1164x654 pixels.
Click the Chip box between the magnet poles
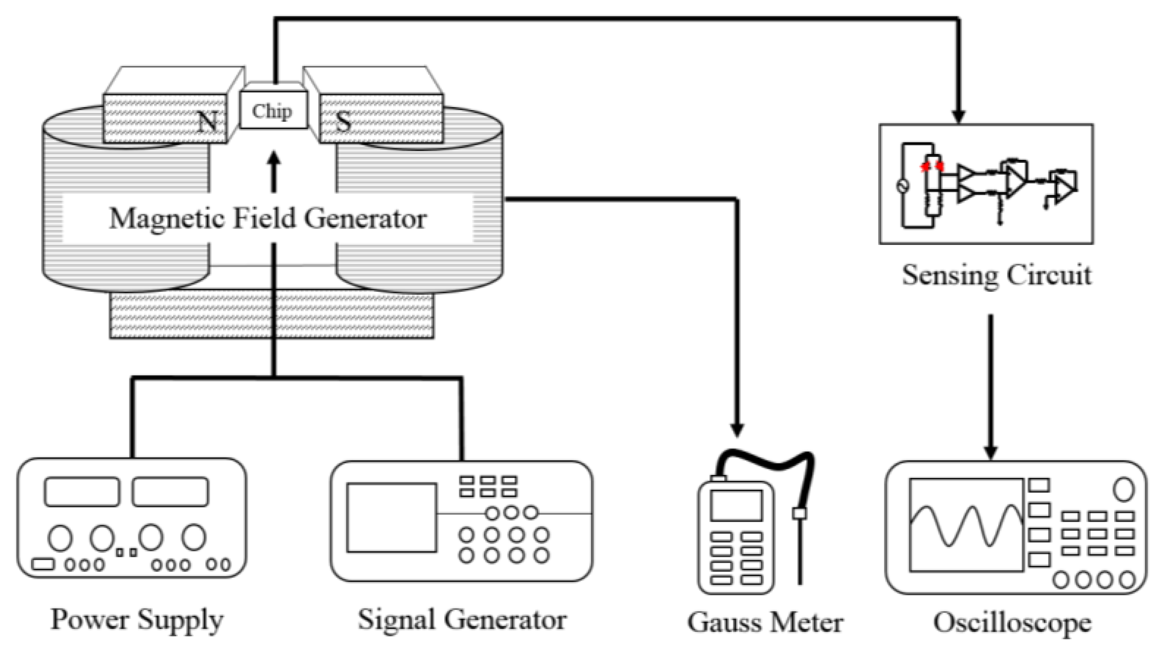click(273, 110)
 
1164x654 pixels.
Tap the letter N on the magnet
click(208, 121)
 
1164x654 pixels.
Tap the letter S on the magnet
click(344, 121)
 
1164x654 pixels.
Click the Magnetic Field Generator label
click(268, 219)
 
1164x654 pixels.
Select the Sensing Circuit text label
click(996, 275)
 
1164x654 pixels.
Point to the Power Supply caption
click(137, 619)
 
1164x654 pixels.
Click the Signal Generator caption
click(462, 619)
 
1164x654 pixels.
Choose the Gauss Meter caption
click(765, 622)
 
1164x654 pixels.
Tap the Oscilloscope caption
click(1012, 622)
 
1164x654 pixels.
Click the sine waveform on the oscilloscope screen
click(967, 525)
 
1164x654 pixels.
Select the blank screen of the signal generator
click(391, 517)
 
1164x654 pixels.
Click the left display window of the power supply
click(82, 492)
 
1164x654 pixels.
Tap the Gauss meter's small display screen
click(736, 506)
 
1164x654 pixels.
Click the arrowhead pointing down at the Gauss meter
click(737, 429)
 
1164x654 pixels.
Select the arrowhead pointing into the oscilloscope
click(991, 452)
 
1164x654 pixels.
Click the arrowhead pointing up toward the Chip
click(274, 160)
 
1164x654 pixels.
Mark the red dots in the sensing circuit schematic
click(933, 167)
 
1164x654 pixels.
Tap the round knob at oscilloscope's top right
click(1123, 489)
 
